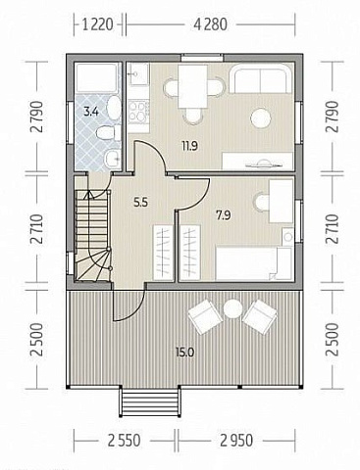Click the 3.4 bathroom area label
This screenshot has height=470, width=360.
[91, 112]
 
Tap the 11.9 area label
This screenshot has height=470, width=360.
[190, 146]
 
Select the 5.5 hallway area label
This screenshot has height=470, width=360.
[140, 203]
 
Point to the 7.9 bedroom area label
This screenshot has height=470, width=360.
[224, 215]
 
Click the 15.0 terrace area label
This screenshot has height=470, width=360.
[184, 352]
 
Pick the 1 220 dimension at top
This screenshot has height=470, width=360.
[98, 24]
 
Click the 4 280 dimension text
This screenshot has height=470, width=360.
[211, 24]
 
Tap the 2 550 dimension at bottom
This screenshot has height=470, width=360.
[125, 441]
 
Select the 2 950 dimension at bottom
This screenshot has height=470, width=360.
[236, 441]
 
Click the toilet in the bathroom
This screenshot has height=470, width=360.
[105, 133]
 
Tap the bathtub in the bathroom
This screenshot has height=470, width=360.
[96, 77]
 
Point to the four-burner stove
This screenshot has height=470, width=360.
[138, 112]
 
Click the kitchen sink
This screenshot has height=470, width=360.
[138, 74]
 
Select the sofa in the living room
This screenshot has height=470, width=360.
[260, 78]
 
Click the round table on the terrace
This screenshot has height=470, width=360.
[232, 309]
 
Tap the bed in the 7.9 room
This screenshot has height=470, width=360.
[253, 263]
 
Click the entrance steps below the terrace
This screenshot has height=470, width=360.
[150, 401]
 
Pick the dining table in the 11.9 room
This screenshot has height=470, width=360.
[192, 86]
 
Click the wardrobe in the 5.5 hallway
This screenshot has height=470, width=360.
[163, 253]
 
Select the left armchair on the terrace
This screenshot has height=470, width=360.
[205, 317]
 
